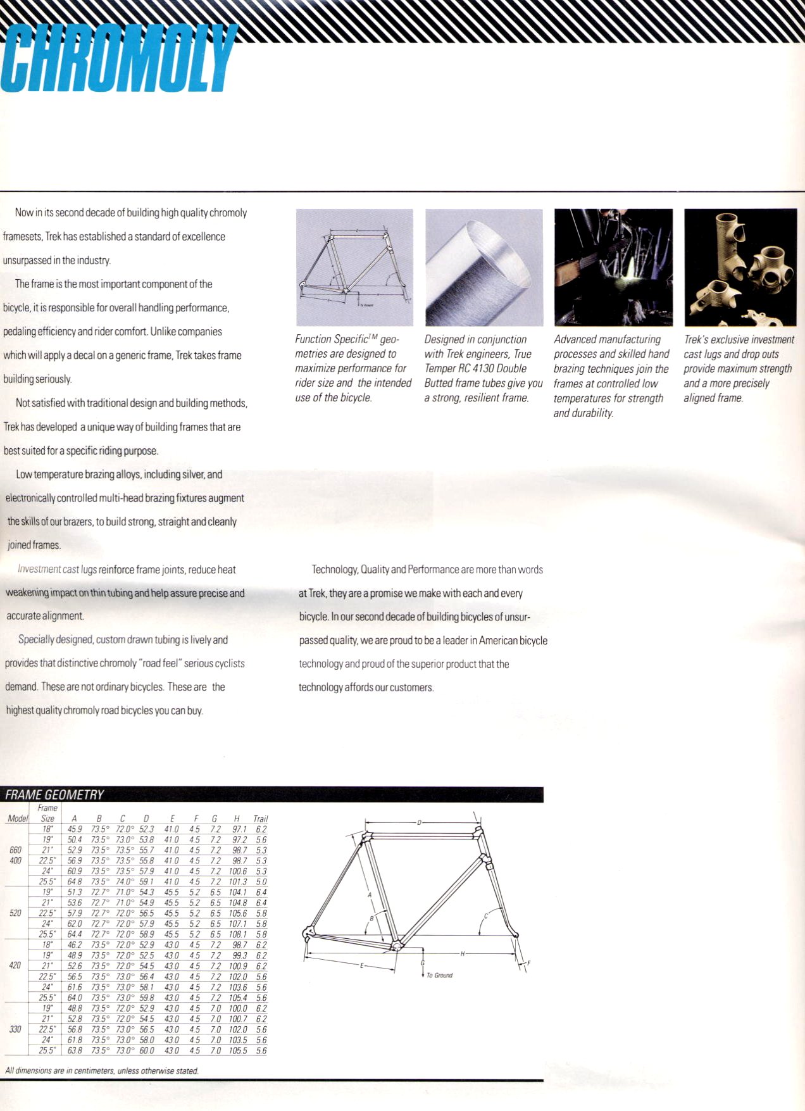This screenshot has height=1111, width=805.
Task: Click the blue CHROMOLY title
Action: tap(117, 58)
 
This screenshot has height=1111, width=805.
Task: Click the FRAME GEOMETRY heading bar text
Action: tap(54, 794)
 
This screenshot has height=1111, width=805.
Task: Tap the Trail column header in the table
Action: tap(260, 819)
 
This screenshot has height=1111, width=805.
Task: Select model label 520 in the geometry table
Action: tap(15, 913)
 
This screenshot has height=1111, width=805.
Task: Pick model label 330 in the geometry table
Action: tap(15, 1029)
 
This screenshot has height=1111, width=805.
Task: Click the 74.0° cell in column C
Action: tap(123, 882)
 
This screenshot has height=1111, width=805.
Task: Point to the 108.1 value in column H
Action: tap(237, 934)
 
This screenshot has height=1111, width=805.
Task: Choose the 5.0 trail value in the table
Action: tap(261, 882)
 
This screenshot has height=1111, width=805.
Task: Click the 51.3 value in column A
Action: tap(75, 892)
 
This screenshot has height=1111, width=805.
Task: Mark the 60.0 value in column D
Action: tap(146, 1051)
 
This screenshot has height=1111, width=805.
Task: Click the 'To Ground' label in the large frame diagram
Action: tap(439, 976)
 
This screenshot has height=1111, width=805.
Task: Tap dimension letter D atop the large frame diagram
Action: tap(419, 822)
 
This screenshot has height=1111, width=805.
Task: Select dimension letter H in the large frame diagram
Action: tap(462, 953)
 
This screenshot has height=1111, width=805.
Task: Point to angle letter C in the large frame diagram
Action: tap(486, 916)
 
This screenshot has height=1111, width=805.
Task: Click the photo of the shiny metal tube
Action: tap(484, 267)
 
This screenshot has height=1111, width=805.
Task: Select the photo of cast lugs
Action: tap(740, 267)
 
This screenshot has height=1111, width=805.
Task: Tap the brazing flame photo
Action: tap(613, 267)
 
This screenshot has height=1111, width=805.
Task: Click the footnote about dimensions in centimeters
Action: tap(101, 1071)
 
